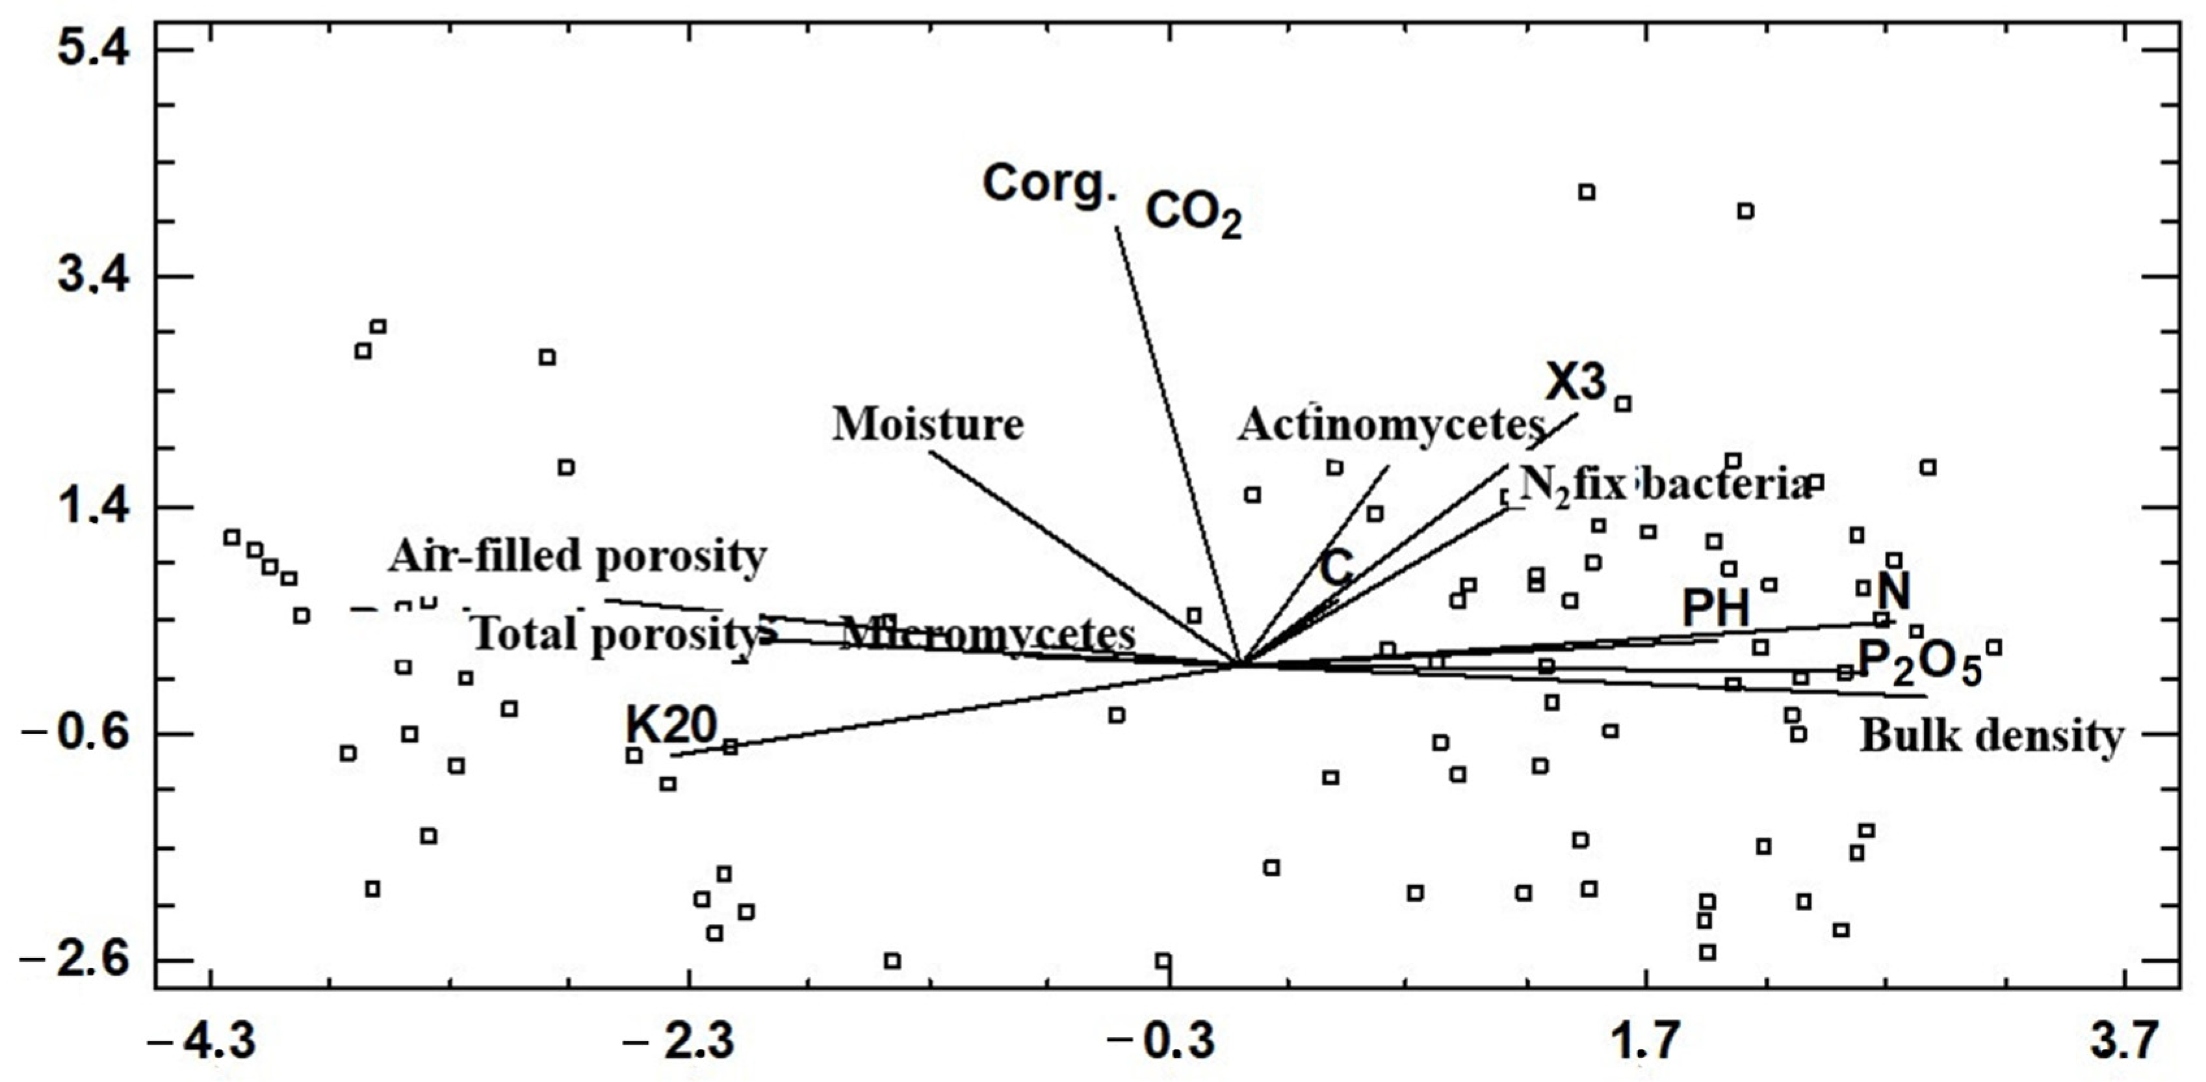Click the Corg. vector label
tap(1050, 184)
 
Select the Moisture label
tap(928, 424)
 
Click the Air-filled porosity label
tap(577, 557)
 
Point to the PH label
tap(1716, 609)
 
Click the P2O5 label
tap(1919, 663)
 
